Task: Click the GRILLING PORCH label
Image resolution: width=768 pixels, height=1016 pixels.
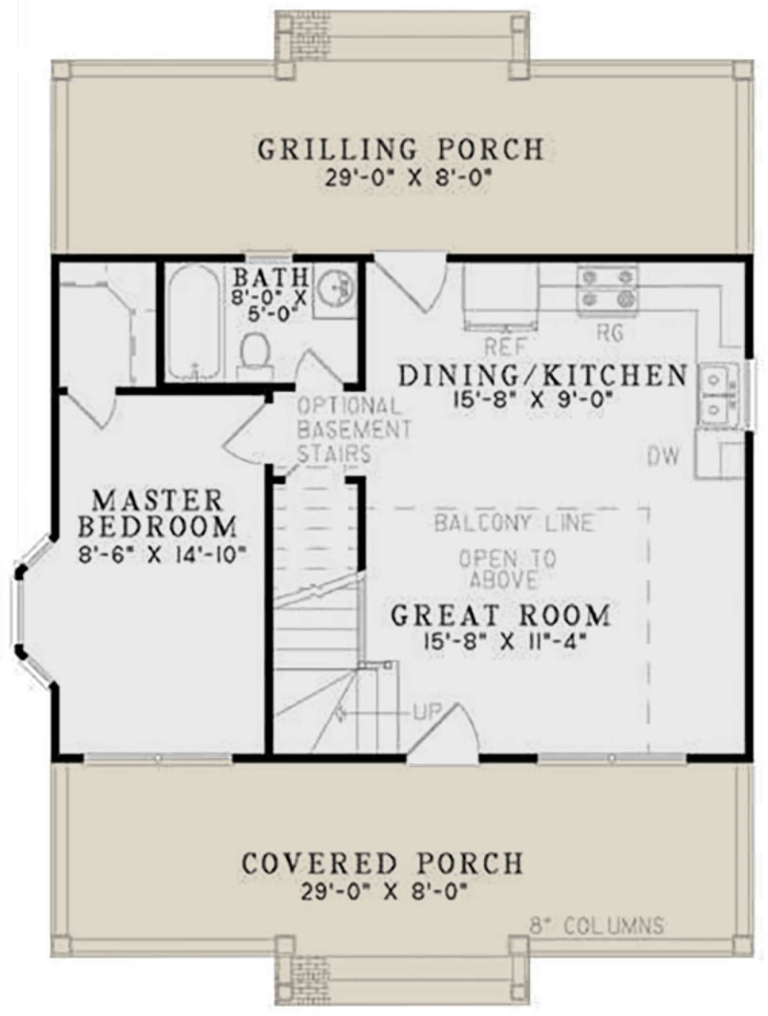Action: [x=400, y=150]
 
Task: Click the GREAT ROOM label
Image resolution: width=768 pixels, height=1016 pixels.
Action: [x=500, y=616]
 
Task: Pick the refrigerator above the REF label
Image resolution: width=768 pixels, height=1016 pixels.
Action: [x=502, y=297]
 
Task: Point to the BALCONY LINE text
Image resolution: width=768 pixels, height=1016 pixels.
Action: [x=513, y=523]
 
